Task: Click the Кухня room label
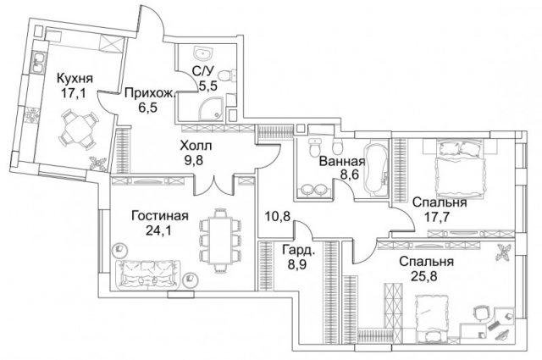click(x=75, y=79)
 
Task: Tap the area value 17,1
click(x=75, y=93)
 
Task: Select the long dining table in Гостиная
click(x=214, y=239)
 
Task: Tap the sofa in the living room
click(x=151, y=274)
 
